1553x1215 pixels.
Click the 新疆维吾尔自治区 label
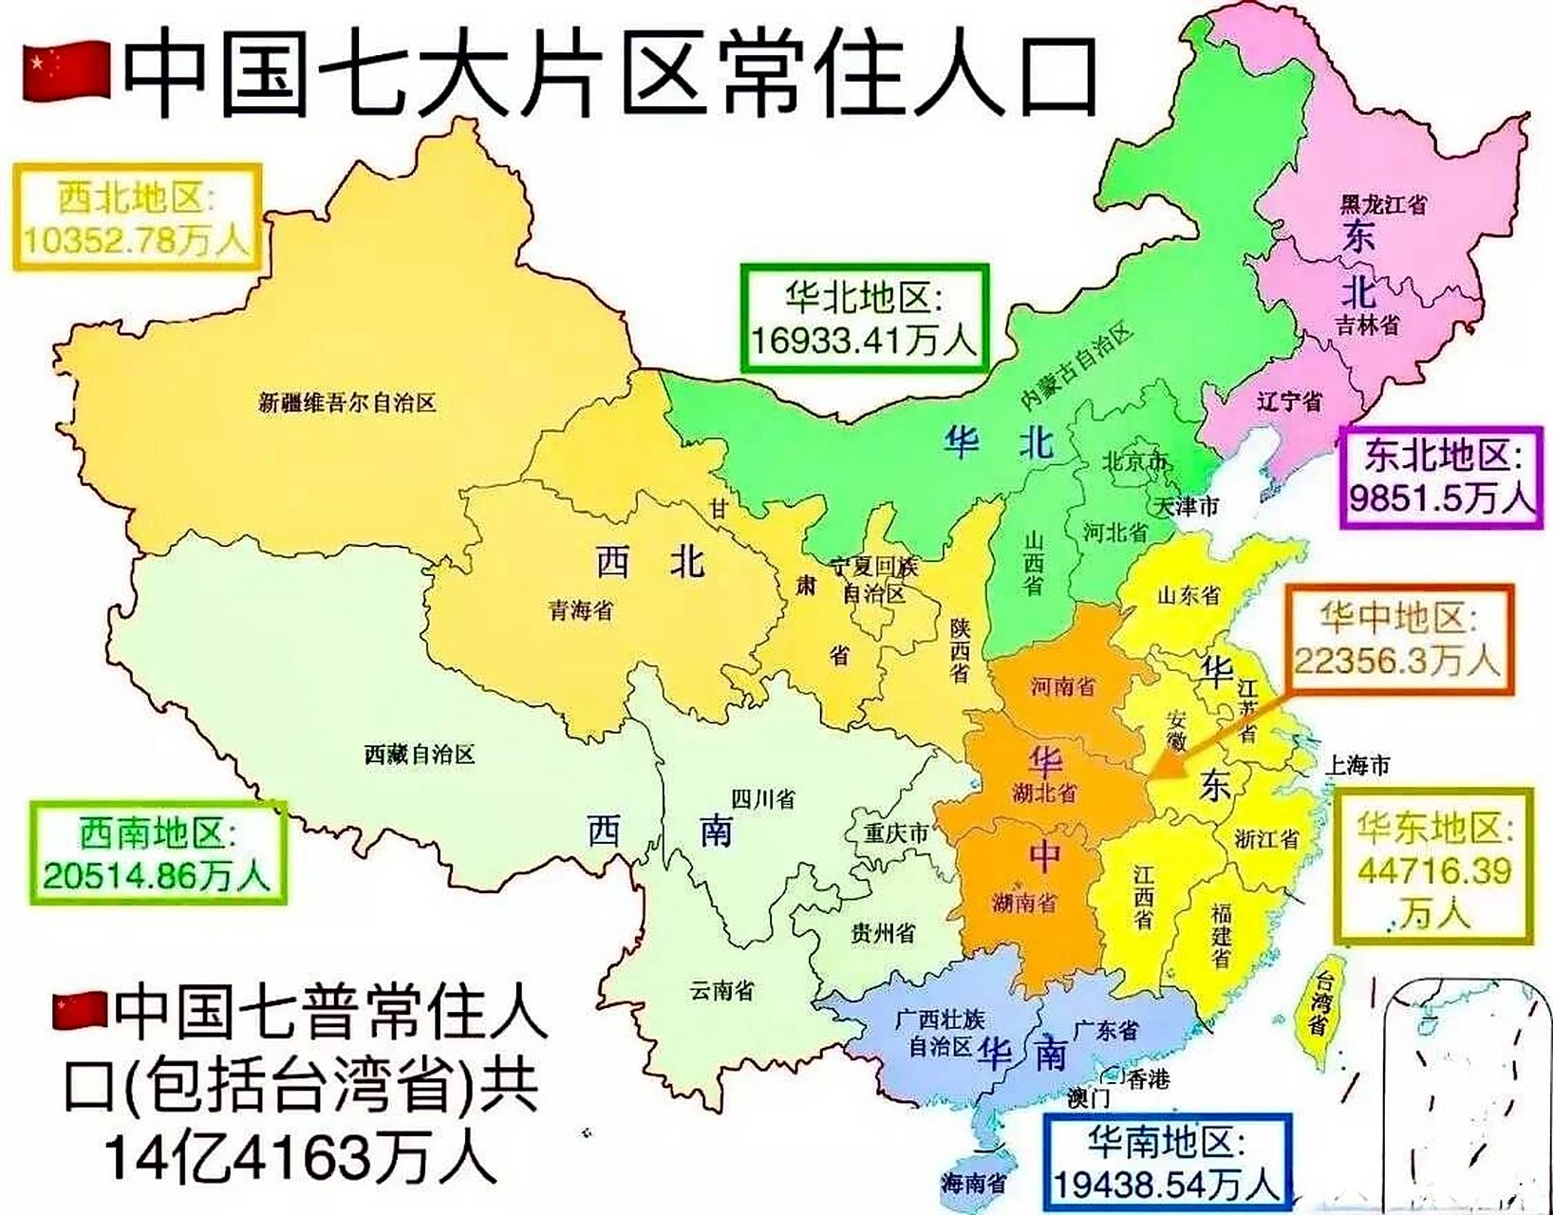click(x=347, y=403)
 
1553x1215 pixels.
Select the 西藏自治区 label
click(x=420, y=755)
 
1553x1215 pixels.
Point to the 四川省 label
click(x=762, y=798)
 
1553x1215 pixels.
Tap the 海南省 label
click(x=973, y=1183)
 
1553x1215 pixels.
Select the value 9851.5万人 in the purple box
click(x=1441, y=497)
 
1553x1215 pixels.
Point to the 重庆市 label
click(x=895, y=833)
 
